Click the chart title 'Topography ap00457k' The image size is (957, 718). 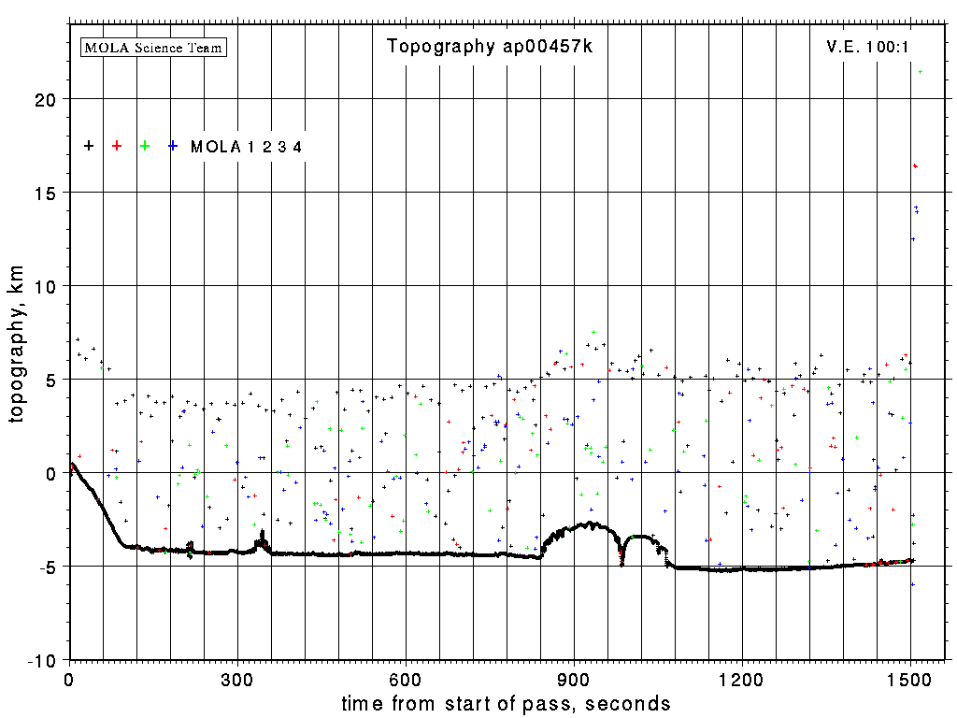pos(490,47)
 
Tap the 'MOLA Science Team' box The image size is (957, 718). pos(154,47)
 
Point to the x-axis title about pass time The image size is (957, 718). pos(506,703)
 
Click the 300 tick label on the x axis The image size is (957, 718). pos(237,678)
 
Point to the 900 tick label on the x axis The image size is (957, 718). pos(574,678)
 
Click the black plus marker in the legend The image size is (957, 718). pos(89,146)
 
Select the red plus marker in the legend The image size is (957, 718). pos(117,146)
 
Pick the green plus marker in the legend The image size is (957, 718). pos(145,146)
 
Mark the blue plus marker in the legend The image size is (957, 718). pos(173,146)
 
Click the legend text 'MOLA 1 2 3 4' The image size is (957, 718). pos(246,147)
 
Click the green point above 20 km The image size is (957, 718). pos(921,72)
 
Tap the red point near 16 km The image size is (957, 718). pos(916,166)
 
